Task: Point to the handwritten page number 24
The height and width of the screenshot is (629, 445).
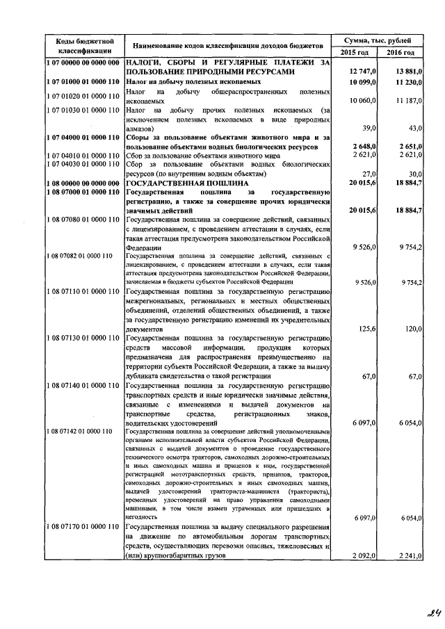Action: pos(416,613)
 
